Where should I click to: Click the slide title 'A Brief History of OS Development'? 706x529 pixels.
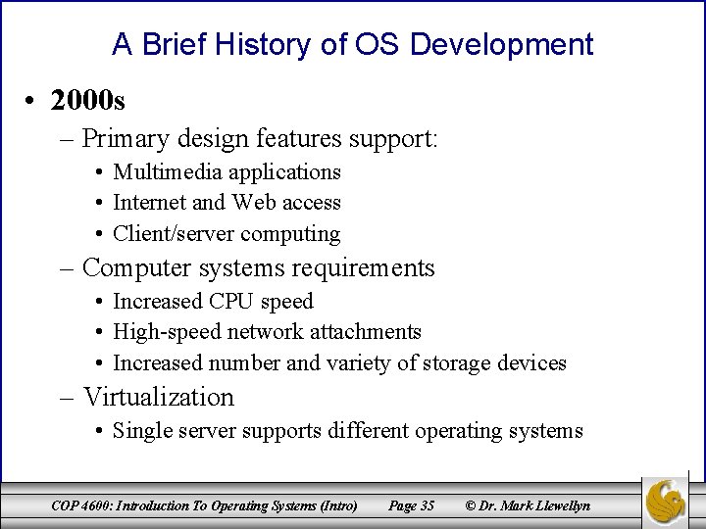point(352,44)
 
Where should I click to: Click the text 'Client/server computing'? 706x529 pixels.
point(227,234)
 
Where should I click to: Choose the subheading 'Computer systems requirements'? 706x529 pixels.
point(258,268)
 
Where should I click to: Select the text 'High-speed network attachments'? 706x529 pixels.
point(267,332)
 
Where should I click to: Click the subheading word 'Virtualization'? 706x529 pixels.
point(158,397)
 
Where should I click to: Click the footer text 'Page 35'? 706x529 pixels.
point(411,505)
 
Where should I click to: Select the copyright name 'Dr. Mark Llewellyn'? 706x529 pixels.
point(536,505)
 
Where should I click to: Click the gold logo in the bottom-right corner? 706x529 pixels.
point(665,502)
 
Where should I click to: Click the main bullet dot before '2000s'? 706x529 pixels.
point(32,101)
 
